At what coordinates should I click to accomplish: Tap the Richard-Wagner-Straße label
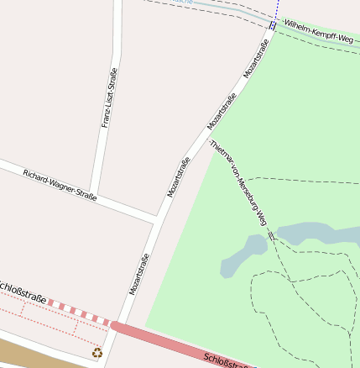click(x=60, y=185)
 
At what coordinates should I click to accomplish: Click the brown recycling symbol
click(x=97, y=353)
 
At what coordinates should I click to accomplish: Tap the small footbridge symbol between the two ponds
click(x=272, y=235)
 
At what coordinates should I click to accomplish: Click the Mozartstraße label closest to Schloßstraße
click(x=139, y=274)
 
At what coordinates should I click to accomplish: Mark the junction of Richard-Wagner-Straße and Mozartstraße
click(x=157, y=220)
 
